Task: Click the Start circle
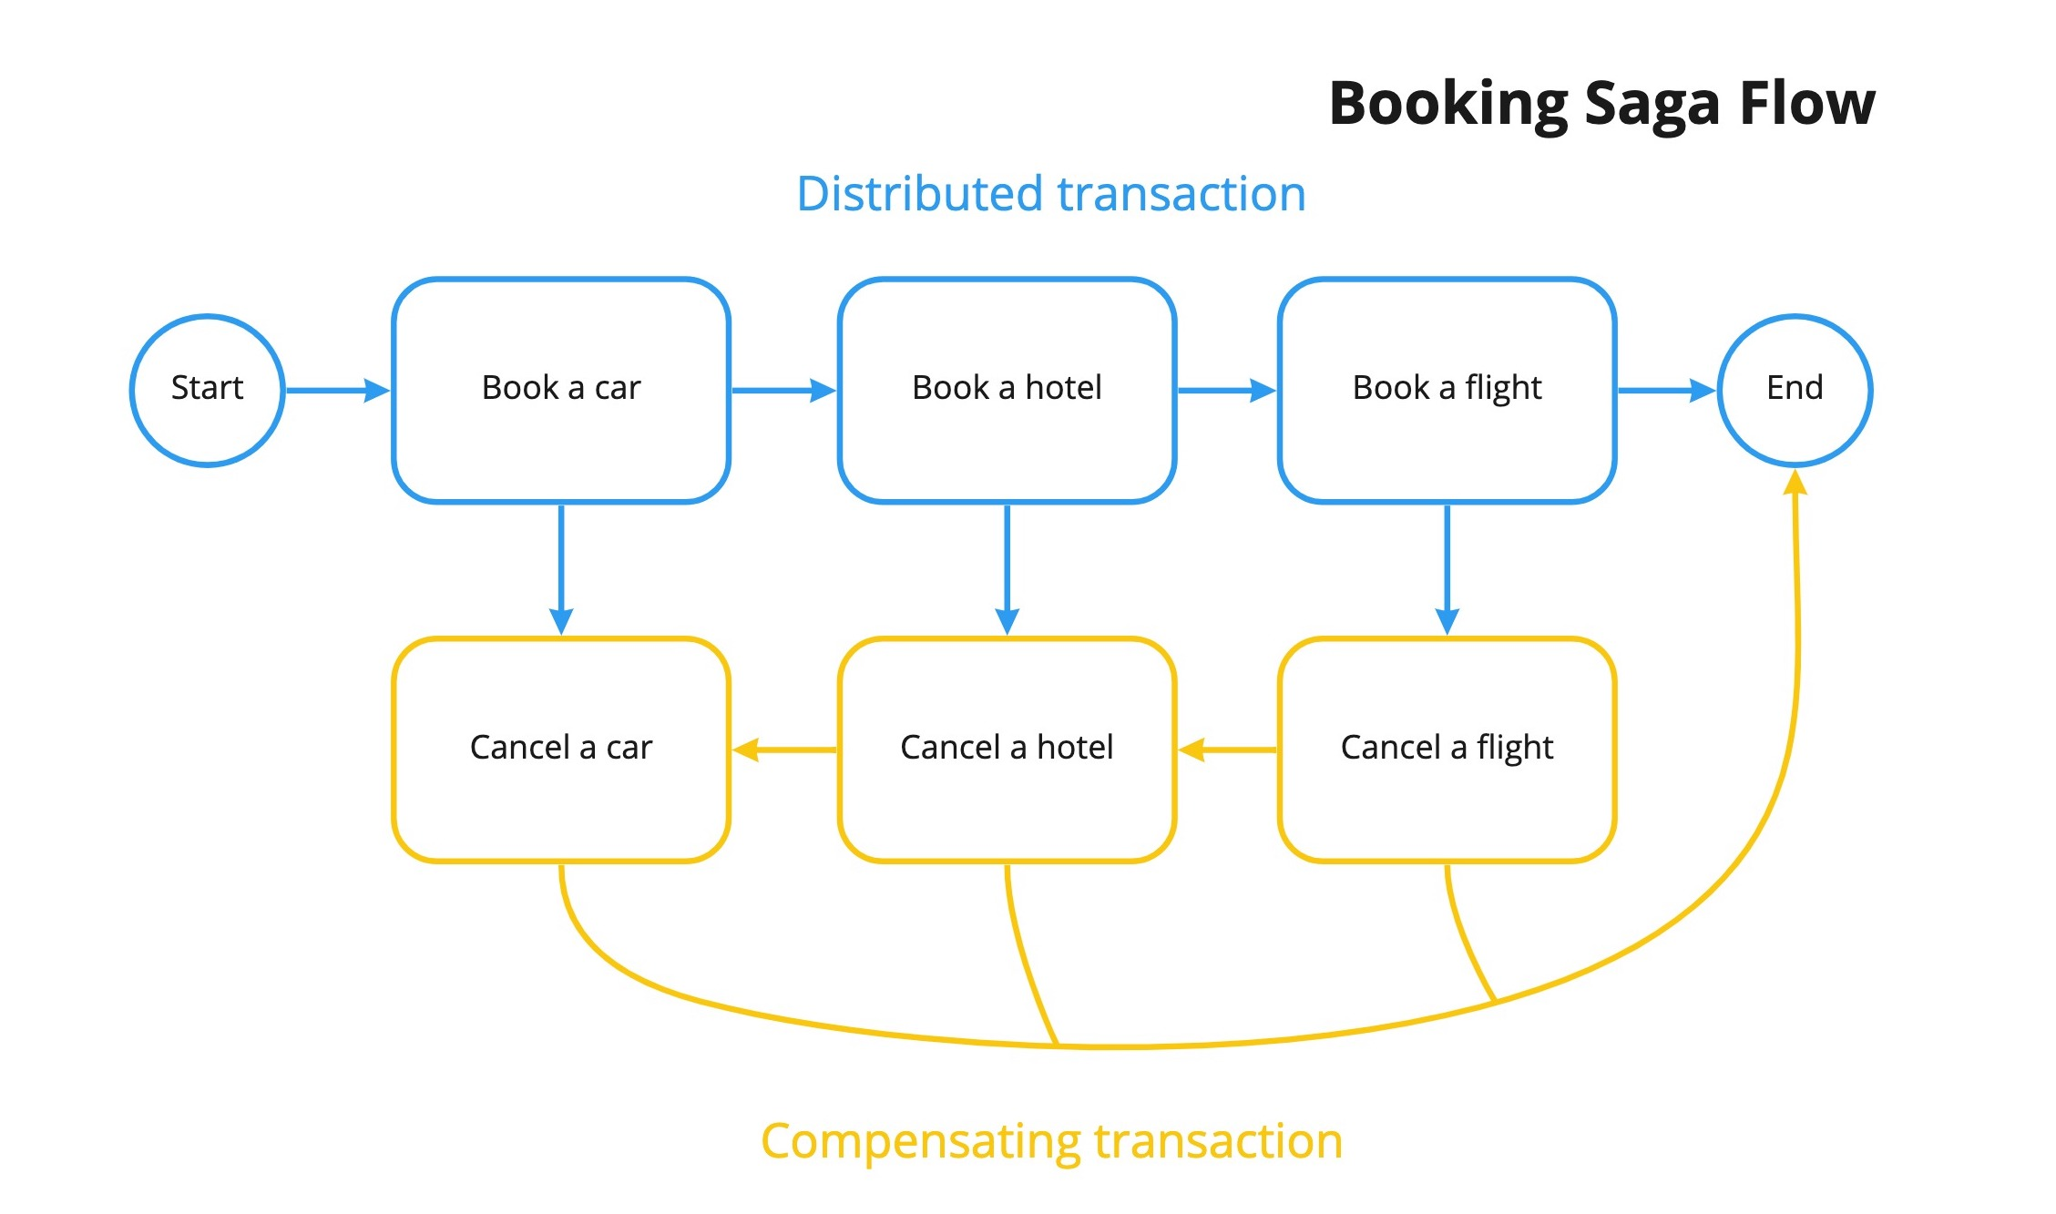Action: (208, 390)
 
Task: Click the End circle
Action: (1795, 390)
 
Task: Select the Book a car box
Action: (561, 390)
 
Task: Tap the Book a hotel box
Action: (1007, 390)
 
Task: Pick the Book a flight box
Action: (1447, 390)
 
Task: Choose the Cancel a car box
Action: (561, 749)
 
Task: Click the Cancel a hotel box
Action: (1007, 749)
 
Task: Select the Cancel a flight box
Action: (1447, 749)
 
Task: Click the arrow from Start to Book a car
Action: (337, 391)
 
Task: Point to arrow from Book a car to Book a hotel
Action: (783, 391)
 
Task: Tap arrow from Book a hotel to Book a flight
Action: (1226, 391)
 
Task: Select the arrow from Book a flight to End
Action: (1666, 391)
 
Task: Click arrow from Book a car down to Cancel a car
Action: (561, 569)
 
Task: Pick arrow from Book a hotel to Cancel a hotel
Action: (1007, 569)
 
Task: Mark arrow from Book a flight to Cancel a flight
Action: (1447, 569)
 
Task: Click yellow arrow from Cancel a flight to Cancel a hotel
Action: (1227, 750)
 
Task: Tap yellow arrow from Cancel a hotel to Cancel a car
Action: (783, 750)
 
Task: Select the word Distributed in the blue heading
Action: (919, 194)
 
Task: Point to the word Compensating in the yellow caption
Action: (920, 1142)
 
